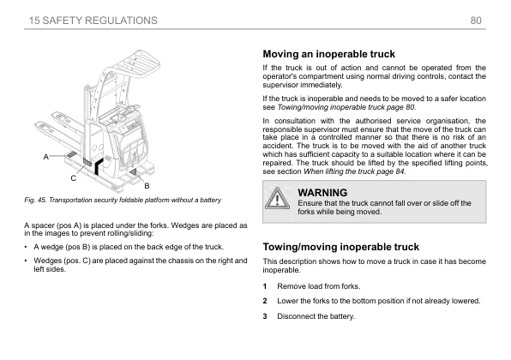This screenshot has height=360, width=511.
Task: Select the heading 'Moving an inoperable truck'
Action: (x=328, y=54)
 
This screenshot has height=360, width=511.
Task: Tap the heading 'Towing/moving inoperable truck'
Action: (x=340, y=246)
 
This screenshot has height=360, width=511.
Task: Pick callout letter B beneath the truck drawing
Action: (x=147, y=185)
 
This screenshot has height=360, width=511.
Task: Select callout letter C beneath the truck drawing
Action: (x=74, y=178)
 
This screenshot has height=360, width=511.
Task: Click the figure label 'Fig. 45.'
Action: (x=39, y=201)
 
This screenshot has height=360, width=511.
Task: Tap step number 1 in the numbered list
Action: (x=266, y=285)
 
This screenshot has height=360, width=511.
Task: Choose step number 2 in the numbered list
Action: (x=266, y=301)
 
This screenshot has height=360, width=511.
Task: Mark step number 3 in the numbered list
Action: (x=266, y=317)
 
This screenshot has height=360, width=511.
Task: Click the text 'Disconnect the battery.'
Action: (x=318, y=317)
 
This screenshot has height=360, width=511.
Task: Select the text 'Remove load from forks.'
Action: (x=320, y=285)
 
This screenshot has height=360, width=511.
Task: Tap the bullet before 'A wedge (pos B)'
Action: (x=26, y=246)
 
